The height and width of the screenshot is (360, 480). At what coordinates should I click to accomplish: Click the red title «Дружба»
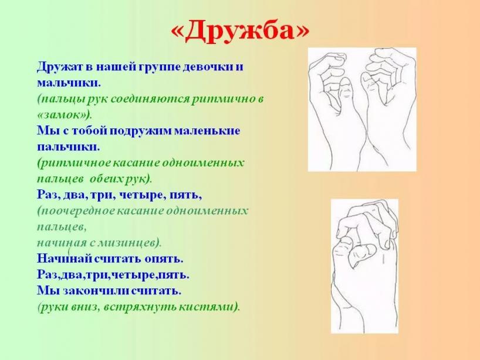click(x=239, y=30)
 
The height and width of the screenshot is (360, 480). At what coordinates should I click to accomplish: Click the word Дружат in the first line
click(x=58, y=67)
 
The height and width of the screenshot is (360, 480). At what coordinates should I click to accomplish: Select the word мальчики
click(x=69, y=83)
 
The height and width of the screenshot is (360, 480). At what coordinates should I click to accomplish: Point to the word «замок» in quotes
click(x=63, y=115)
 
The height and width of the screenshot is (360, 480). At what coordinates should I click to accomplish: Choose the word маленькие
click(x=207, y=131)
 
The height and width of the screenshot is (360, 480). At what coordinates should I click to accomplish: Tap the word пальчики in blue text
click(x=68, y=147)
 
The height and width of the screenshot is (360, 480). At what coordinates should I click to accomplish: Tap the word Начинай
click(x=65, y=259)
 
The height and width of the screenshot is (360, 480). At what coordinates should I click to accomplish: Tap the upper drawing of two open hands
click(x=362, y=109)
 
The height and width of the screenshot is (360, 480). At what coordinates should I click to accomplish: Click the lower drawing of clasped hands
click(x=364, y=266)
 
